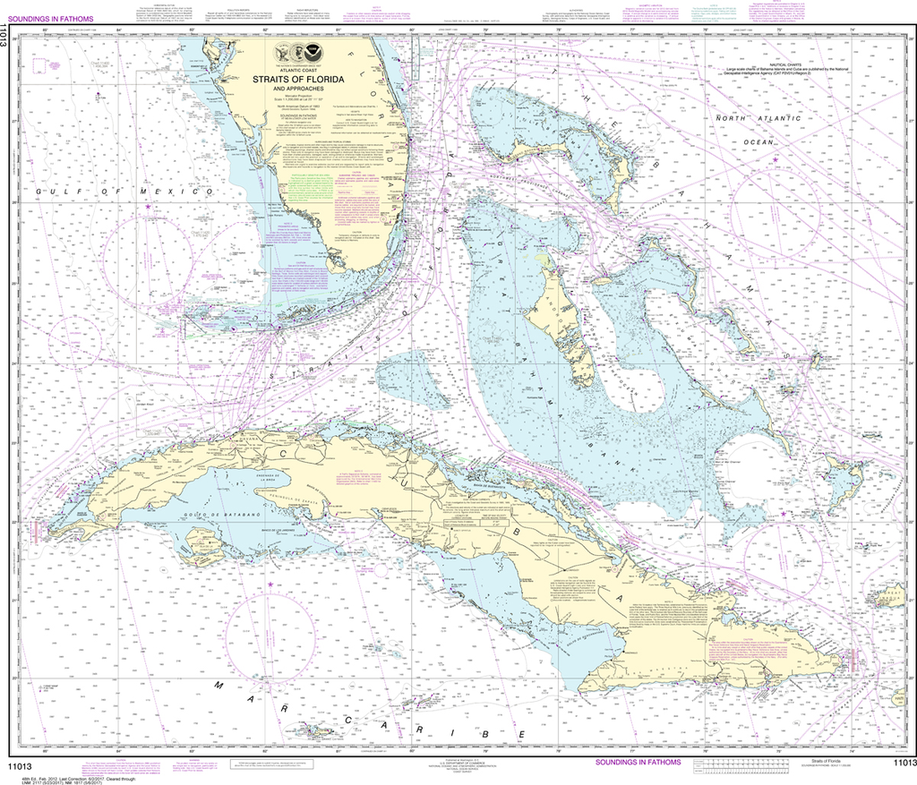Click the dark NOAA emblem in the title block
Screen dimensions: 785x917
coord(337,55)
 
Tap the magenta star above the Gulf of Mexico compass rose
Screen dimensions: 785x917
coord(149,208)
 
